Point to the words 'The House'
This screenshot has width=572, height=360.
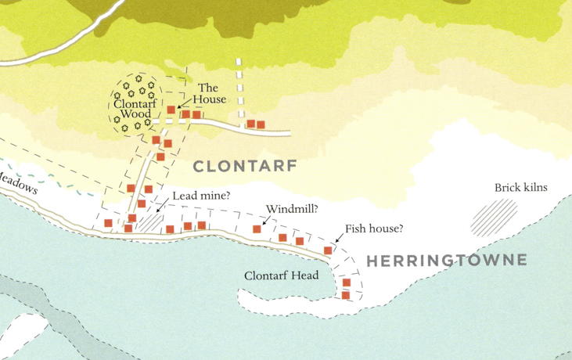[210, 93]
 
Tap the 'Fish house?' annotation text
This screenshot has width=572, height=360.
[374, 229]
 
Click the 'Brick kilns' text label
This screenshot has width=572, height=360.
[520, 188]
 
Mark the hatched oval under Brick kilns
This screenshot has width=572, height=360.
[495, 216]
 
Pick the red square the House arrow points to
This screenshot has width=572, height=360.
[171, 110]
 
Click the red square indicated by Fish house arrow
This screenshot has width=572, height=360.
[328, 250]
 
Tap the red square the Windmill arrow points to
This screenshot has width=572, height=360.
[257, 229]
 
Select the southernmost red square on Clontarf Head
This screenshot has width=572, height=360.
[346, 295]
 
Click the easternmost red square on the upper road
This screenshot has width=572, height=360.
[261, 124]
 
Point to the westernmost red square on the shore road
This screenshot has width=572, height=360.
[108, 223]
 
